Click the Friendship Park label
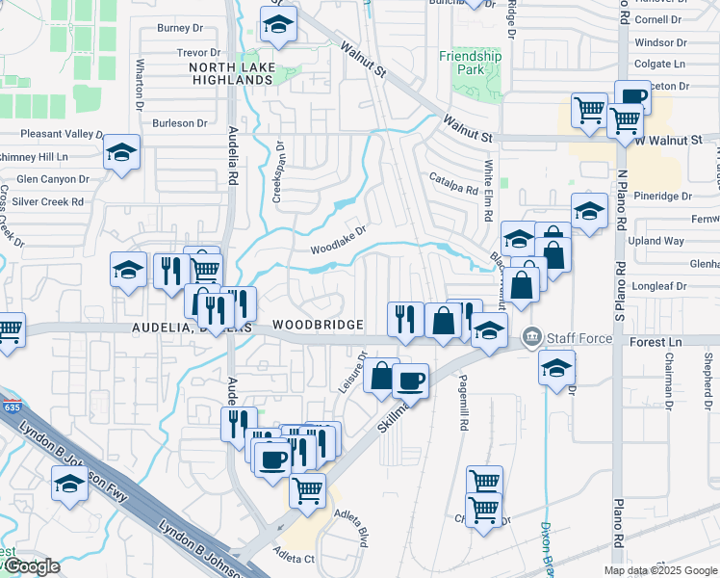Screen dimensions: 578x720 471,63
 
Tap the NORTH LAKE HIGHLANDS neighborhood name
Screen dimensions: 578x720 230,73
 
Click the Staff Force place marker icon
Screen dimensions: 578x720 530,337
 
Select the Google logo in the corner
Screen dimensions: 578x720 31,566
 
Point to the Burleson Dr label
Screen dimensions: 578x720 180,123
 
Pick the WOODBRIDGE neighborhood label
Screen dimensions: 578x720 317,325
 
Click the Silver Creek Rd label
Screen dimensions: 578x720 50,201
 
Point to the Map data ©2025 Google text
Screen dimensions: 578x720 659,570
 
